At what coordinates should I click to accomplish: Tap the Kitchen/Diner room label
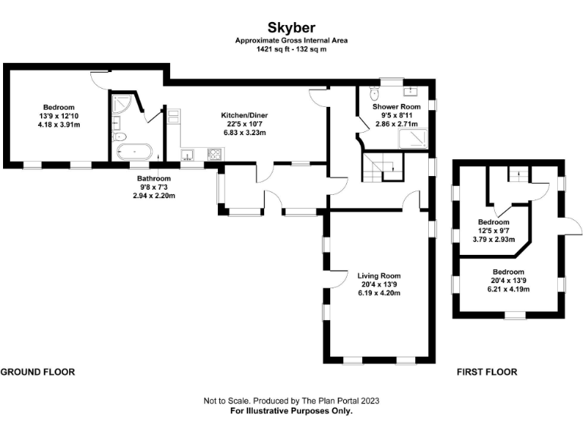(x=244, y=115)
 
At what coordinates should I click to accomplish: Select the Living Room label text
(x=380, y=275)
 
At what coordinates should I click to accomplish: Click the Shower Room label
(x=392, y=107)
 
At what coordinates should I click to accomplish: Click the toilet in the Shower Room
(x=373, y=93)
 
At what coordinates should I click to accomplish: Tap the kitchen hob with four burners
(x=214, y=154)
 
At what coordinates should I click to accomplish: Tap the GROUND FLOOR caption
(x=37, y=373)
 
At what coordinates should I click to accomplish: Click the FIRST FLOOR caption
(x=487, y=373)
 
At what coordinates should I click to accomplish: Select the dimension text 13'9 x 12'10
(x=58, y=115)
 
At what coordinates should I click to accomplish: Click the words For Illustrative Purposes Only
(x=291, y=410)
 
